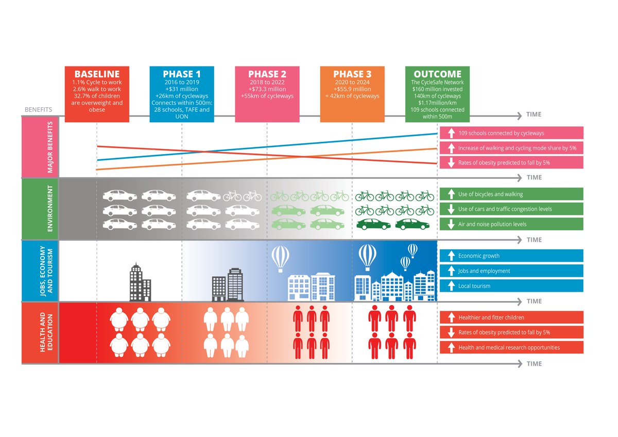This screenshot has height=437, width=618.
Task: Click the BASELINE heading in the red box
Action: (97, 74)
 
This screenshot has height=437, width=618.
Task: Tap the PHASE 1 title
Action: (181, 74)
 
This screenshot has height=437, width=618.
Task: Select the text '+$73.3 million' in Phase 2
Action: (267, 89)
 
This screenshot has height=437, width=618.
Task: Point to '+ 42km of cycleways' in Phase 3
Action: (352, 96)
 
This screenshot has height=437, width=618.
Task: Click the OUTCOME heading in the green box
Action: (437, 74)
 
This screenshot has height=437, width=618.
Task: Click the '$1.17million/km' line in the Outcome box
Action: (437, 103)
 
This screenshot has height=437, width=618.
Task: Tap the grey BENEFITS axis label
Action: (38, 110)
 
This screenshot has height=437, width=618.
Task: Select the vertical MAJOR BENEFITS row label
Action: (50, 147)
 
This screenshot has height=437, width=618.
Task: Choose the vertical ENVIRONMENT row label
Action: (50, 208)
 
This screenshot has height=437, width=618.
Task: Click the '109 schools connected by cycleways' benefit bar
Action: (511, 133)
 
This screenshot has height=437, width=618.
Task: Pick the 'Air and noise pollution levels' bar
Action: (511, 224)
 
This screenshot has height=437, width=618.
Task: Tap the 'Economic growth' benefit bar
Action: (511, 256)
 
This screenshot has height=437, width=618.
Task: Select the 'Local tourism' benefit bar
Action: (511, 286)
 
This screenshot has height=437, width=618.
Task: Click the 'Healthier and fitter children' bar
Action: (511, 317)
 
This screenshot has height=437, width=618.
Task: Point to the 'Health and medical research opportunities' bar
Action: (511, 347)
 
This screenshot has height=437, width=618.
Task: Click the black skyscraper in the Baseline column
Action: (140, 282)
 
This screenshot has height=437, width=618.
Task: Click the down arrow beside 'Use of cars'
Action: (451, 209)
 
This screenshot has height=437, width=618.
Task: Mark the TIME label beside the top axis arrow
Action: (534, 114)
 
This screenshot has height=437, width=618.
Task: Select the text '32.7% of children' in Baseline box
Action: (97, 96)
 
